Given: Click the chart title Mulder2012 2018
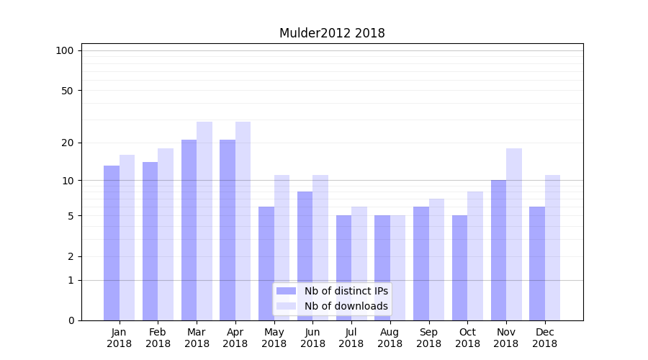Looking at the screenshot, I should (332, 33).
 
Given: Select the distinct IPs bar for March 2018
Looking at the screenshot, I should (189, 230).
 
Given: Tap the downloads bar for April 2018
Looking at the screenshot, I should (243, 221).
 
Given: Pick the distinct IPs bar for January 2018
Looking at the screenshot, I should (112, 243).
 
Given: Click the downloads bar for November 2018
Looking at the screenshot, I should (513, 234).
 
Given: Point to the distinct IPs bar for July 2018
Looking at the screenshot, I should (343, 268).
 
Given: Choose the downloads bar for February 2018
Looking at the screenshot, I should (166, 234).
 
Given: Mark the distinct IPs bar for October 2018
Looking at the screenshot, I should (459, 268).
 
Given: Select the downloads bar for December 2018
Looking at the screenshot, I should (552, 248).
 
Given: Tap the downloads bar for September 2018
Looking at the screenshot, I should (436, 259).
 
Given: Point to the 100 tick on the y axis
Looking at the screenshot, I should (65, 50).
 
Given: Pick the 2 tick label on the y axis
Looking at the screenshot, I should (71, 256).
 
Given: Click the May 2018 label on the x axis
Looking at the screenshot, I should (274, 338).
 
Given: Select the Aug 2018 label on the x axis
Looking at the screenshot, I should (390, 338).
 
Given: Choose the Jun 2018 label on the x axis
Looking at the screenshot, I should (312, 338).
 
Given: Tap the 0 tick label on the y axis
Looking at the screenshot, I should (71, 320).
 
